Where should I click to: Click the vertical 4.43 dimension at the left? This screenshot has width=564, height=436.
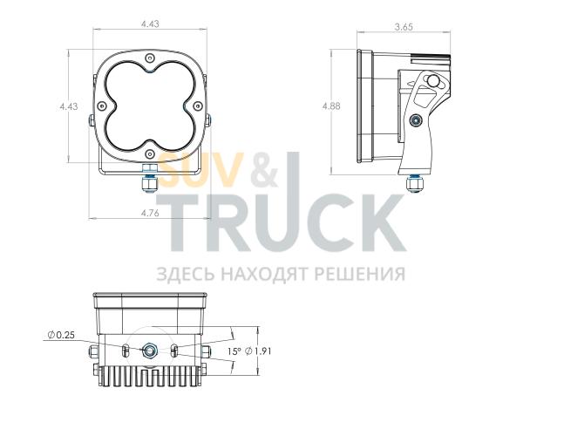pyautogui.click(x=69, y=106)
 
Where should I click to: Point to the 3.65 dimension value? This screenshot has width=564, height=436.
pyautogui.click(x=403, y=27)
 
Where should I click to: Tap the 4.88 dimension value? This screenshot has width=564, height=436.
pyautogui.click(x=330, y=106)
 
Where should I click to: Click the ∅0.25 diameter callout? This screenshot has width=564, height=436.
pyautogui.click(x=62, y=335)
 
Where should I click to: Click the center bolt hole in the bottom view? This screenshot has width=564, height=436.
pyautogui.click(x=150, y=351)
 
